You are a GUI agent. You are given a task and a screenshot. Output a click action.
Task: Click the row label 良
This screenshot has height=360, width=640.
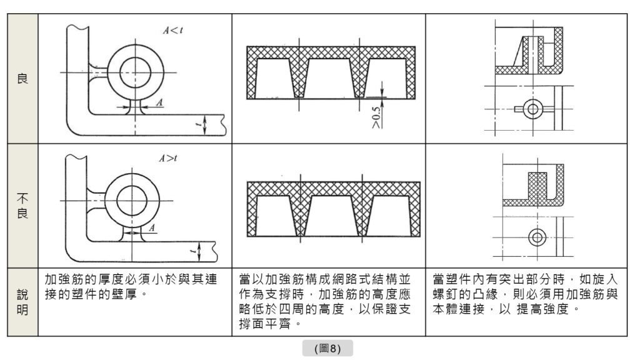22,80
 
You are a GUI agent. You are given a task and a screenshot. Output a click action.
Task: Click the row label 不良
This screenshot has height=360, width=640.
22,204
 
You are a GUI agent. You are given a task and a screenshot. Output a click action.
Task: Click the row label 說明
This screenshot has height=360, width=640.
22,302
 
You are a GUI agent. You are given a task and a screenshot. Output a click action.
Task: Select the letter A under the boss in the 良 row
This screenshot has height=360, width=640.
159,101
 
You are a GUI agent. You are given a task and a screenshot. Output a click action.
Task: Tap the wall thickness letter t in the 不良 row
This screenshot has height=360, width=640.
192,251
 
